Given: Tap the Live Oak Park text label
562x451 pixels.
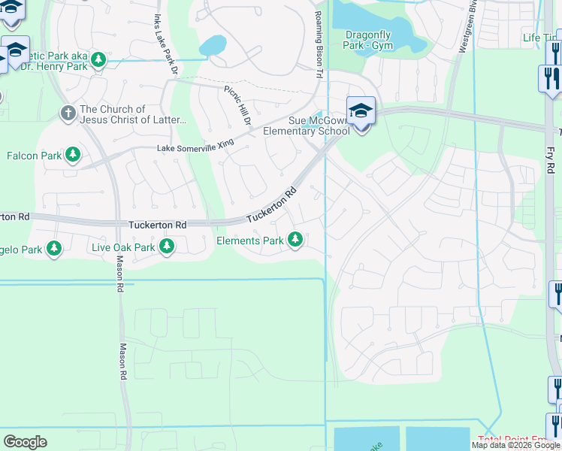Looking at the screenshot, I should (122, 247).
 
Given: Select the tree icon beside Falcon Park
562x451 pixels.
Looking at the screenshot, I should (73, 156).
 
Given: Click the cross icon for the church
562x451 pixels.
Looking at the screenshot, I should (68, 114).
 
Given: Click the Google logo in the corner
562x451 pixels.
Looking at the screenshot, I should (25, 442).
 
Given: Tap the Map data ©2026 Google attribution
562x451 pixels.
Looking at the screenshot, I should (515, 445).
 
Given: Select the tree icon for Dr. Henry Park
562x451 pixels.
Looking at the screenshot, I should (98, 59).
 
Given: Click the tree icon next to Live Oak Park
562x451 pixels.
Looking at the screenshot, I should (167, 247).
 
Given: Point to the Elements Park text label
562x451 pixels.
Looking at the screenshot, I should (249, 241).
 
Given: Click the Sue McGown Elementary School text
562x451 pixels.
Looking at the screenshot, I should (307, 126).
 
